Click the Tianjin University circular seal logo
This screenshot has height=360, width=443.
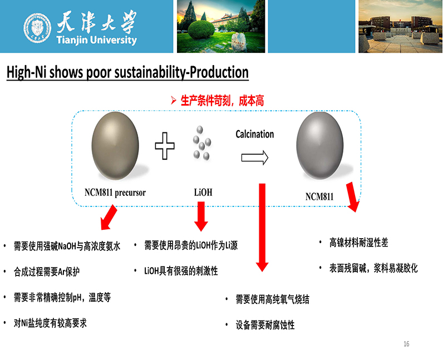tap(37, 28)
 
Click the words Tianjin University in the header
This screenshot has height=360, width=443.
tap(97, 40)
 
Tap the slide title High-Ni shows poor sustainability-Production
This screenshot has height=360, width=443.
tap(127, 72)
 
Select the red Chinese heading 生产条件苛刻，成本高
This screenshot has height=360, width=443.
tap(222, 101)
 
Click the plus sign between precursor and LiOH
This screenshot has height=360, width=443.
tap(165, 146)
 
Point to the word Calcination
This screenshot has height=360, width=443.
tap(254, 134)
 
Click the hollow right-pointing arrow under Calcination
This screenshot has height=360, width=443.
tap(254, 157)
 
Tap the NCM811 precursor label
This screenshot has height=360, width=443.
tap(115, 193)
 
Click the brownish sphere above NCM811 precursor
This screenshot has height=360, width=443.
tap(115, 146)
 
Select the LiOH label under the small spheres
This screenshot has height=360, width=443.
tap(203, 193)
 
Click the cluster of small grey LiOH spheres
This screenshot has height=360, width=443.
tap(201, 143)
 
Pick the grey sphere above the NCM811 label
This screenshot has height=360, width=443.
tap(320, 146)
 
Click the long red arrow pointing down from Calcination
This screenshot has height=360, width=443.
tap(262, 227)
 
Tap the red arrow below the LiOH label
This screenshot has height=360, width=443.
tap(201, 216)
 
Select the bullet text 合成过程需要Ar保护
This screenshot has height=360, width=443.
tap(47, 272)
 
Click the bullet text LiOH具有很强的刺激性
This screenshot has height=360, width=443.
tap(181, 271)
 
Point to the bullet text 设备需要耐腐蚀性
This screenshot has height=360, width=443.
tap(265, 325)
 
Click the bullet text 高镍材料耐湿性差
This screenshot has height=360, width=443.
tap(358, 243)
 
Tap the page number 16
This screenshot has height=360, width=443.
tap(406, 344)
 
